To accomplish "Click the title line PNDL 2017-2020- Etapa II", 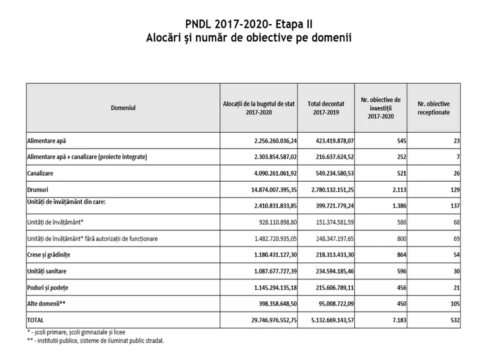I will (x=242, y=25).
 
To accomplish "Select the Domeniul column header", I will (x=123, y=107).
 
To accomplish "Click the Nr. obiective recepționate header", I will (x=433, y=107).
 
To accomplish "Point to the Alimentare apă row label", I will (x=47, y=141).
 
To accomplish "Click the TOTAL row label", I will (x=37, y=319).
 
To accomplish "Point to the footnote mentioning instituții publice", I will (x=95, y=340).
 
